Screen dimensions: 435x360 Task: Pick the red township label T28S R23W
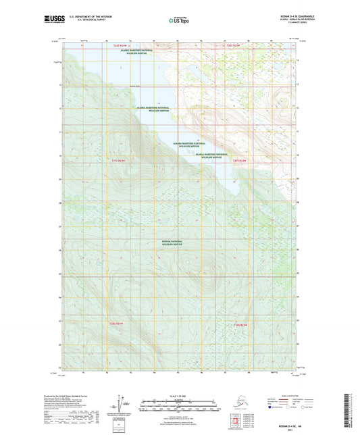point(234,45)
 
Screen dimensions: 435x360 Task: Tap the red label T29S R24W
point(120,160)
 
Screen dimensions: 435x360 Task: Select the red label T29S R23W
point(240,160)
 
